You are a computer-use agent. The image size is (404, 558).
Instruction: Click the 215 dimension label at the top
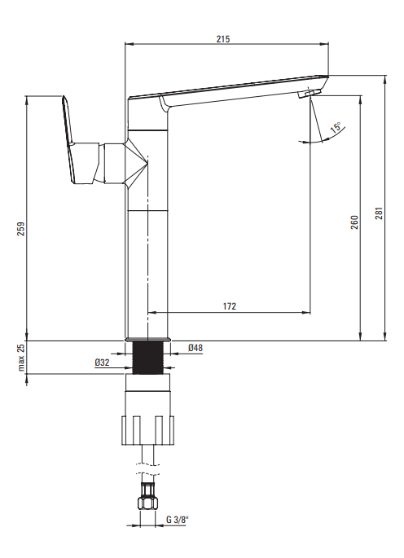[x=223, y=39]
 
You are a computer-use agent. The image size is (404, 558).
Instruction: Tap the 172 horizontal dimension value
[x=230, y=306]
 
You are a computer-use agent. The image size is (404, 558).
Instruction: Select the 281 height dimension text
[x=380, y=213]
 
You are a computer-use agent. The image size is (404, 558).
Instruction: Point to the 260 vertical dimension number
[x=354, y=222]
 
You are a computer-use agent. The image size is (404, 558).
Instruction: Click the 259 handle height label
[x=21, y=229]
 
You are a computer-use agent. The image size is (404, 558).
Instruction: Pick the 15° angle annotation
[x=336, y=127]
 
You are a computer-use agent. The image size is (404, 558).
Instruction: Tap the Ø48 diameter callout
[x=195, y=348]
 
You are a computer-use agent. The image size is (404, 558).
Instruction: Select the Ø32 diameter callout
[x=102, y=362]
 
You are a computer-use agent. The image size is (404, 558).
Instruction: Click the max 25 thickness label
[x=21, y=358]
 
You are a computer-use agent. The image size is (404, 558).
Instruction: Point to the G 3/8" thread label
[x=177, y=520]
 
